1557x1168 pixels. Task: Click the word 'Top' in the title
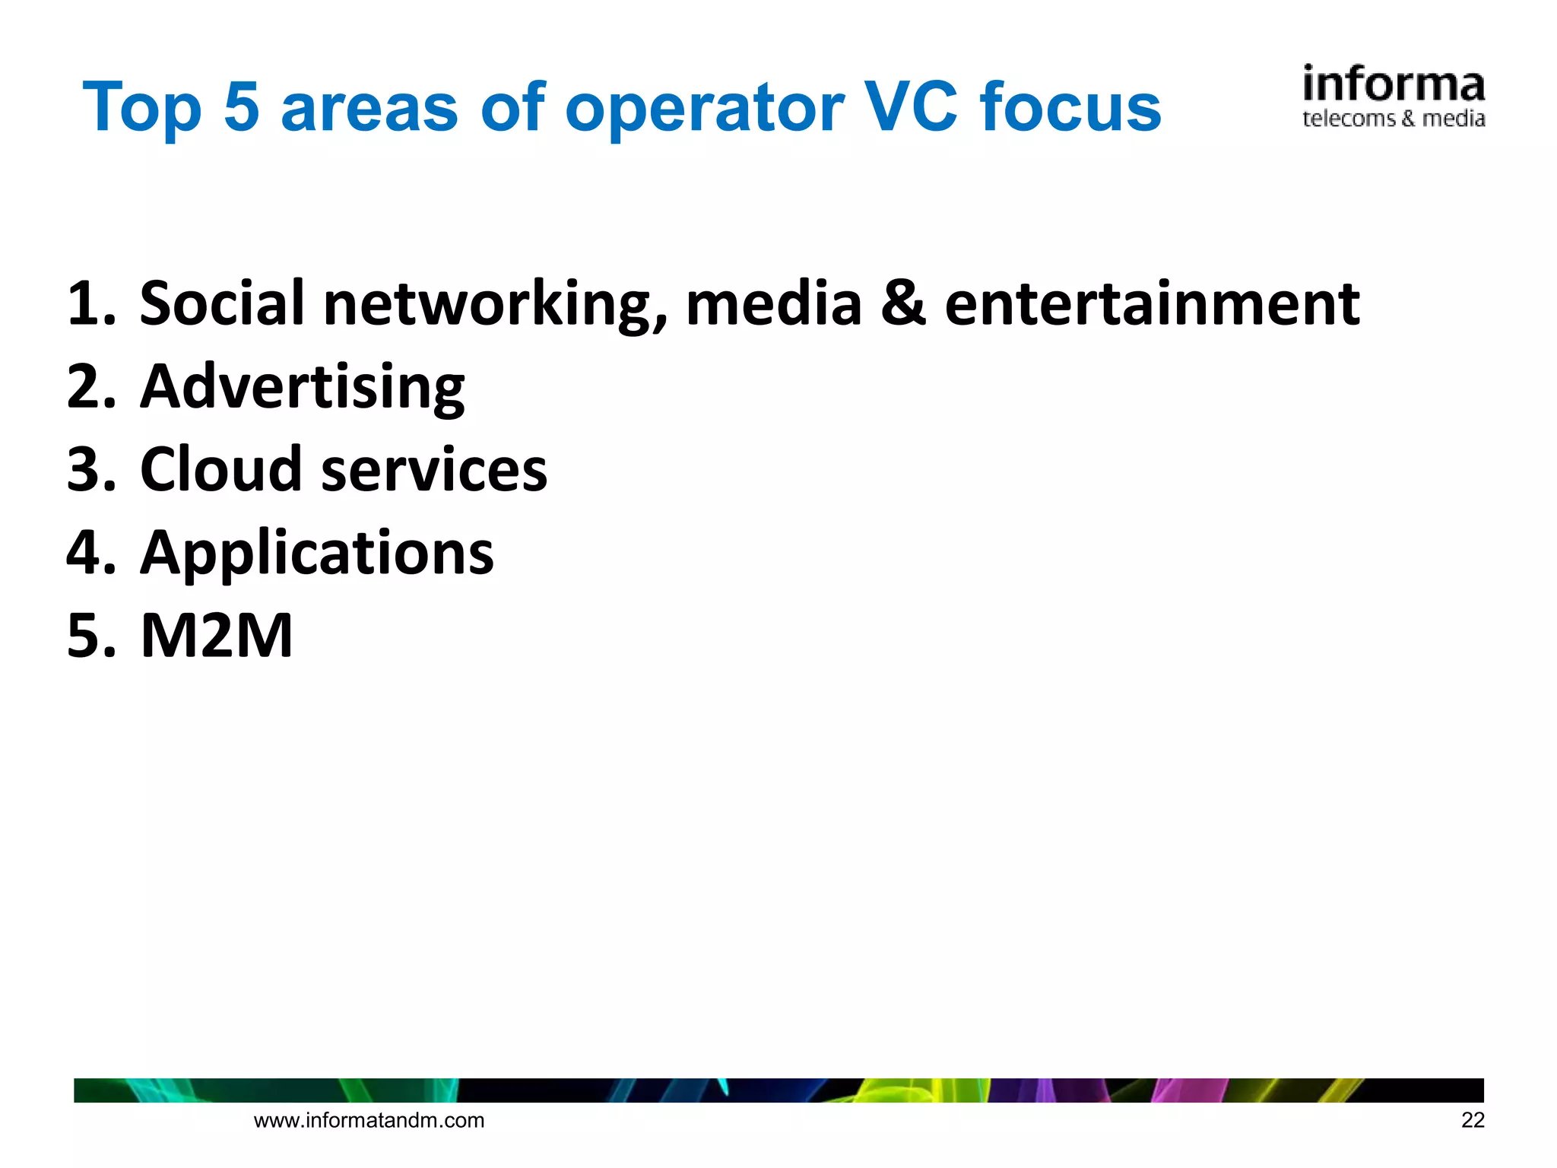[142, 108]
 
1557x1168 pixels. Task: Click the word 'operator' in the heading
[704, 108]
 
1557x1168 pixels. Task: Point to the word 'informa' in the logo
[1393, 85]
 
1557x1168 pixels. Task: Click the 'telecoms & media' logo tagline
[1393, 119]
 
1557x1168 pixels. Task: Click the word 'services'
[434, 470]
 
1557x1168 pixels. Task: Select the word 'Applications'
[317, 553]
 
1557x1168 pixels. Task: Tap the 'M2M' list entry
[217, 635]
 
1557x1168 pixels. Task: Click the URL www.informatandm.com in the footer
[369, 1120]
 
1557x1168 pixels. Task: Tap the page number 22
[1472, 1120]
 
